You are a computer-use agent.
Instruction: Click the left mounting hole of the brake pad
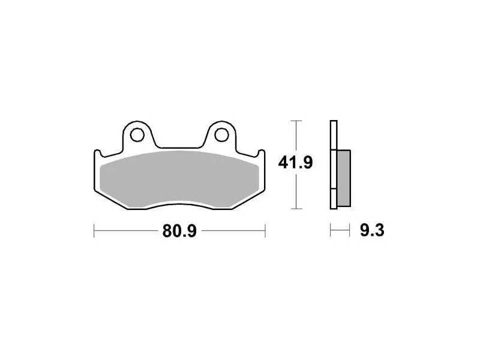pos(137,134)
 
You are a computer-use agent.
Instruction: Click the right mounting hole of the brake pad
pos(221,134)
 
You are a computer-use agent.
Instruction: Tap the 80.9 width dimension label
pos(179,231)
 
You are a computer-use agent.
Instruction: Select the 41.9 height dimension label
pos(295,163)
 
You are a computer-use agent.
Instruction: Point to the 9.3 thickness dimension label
pos(372,230)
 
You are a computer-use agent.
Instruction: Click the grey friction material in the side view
pos(343,178)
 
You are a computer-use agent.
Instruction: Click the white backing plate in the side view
pos(334,164)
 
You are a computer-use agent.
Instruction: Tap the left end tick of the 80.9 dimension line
pos(94,230)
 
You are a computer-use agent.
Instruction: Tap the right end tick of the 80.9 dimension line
pos(265,230)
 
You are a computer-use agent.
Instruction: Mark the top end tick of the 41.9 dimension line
pos(296,121)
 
